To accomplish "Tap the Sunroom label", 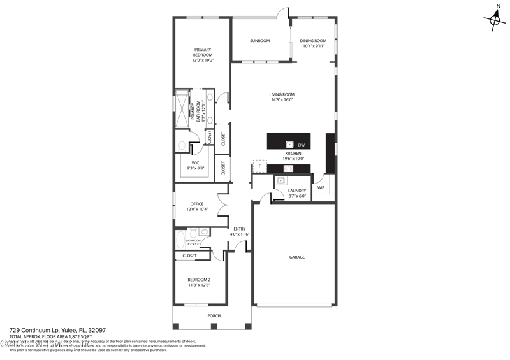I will pyautogui.click(x=259, y=41).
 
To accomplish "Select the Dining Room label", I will pyautogui.click(x=313, y=43).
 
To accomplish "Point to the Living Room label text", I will pyautogui.click(x=282, y=97).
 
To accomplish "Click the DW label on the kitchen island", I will pyautogui.click(x=302, y=146).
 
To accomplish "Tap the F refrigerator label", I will pyautogui.click(x=259, y=167).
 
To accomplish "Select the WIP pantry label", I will pyautogui.click(x=321, y=187).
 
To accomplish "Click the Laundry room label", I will pyautogui.click(x=297, y=193).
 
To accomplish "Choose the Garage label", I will pyautogui.click(x=297, y=257).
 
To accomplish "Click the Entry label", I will pyautogui.click(x=240, y=231).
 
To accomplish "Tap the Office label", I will pyautogui.click(x=196, y=206).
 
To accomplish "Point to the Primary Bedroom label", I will pyautogui.click(x=203, y=55).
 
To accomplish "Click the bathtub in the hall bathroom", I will pyautogui.click(x=180, y=241).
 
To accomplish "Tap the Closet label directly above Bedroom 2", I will pyautogui.click(x=189, y=256).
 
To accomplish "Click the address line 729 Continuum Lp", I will pyautogui.click(x=57, y=331).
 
